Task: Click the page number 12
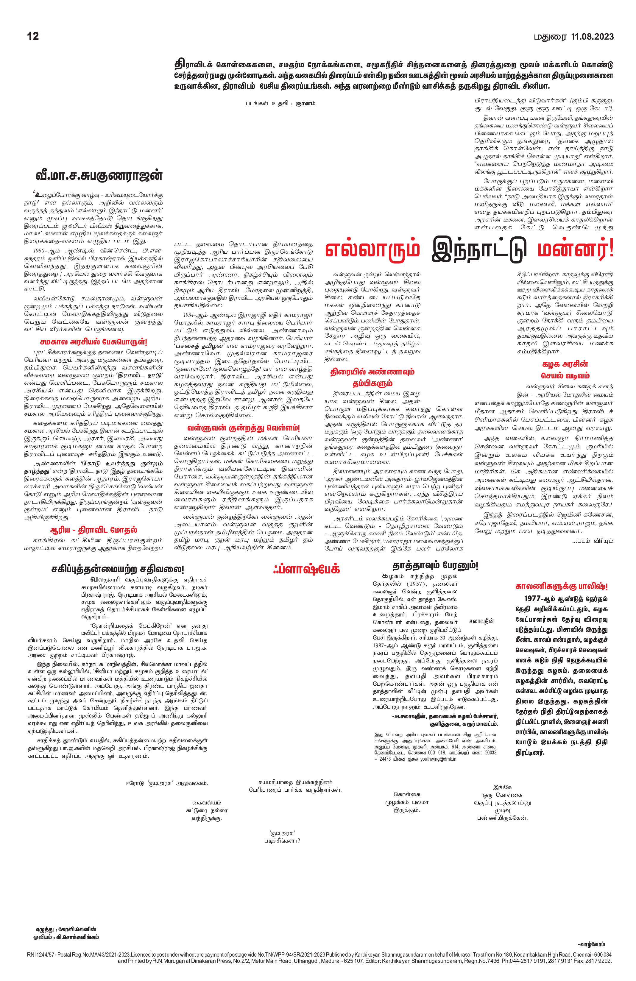pos(33,36)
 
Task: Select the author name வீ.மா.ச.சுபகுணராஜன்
pos(99,176)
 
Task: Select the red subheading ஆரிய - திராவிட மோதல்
pos(93,530)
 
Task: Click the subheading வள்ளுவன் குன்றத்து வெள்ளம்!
pos(243,428)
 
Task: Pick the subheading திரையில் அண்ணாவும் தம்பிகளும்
pos(372,377)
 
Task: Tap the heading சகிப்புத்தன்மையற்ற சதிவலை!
pos(118,569)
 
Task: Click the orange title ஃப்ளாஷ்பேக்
pos(306,569)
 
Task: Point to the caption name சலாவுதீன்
pos(481,621)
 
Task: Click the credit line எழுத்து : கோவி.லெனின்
pos(66,929)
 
